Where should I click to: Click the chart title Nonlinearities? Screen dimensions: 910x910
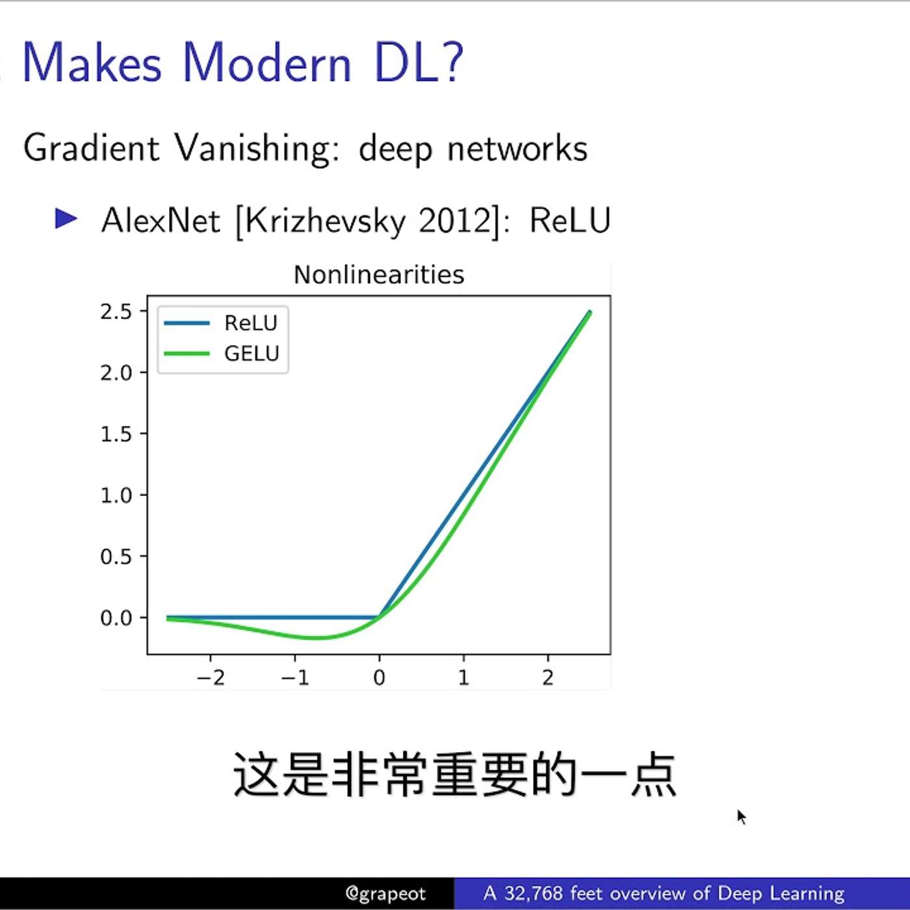tap(379, 275)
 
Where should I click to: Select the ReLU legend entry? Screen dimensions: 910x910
tap(250, 323)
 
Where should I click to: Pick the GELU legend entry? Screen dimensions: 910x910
tap(251, 354)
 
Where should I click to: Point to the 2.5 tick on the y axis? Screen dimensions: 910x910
tap(116, 312)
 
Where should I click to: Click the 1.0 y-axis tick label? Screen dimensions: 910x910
tap(116, 495)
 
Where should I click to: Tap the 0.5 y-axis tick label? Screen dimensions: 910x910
tap(116, 557)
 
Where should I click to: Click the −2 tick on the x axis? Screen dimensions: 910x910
tap(211, 678)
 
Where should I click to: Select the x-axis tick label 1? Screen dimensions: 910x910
tap(463, 678)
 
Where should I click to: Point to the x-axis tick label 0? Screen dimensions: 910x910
tap(380, 678)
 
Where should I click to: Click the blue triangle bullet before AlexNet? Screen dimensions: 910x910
tap(66, 218)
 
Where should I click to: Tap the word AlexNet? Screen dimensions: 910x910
tap(161, 221)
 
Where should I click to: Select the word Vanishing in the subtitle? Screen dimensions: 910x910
tap(253, 148)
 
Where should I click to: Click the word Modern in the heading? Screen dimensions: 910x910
tap(266, 63)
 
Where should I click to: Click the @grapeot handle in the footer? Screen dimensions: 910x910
tap(385, 894)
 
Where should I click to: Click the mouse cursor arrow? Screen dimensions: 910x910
tap(741, 816)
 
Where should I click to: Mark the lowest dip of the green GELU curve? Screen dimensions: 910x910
tap(316, 638)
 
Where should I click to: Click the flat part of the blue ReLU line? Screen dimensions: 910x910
tap(273, 617)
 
